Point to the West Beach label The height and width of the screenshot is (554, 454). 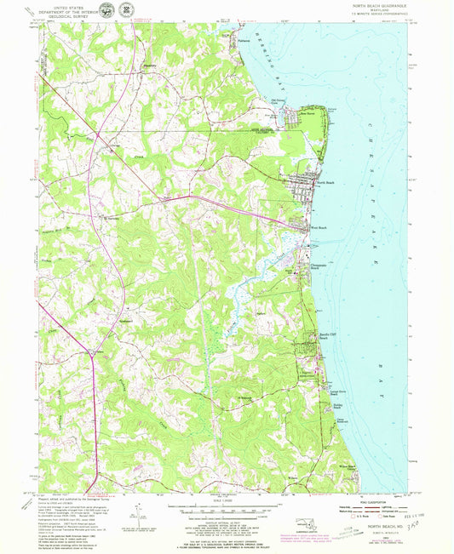[319, 228]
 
